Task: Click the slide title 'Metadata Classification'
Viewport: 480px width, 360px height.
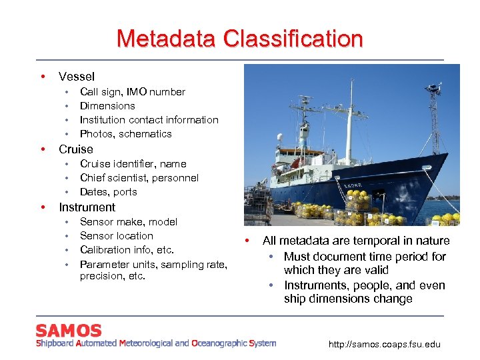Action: pyautogui.click(x=239, y=38)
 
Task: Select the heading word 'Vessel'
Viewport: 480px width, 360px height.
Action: pyautogui.click(x=77, y=77)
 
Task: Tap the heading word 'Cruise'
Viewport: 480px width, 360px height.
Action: pyautogui.click(x=76, y=149)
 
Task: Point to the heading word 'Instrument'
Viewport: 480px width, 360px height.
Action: pyautogui.click(x=87, y=207)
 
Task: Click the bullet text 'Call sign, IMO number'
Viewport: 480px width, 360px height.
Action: pyautogui.click(x=132, y=92)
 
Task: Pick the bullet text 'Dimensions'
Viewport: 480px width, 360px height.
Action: pyautogui.click(x=107, y=106)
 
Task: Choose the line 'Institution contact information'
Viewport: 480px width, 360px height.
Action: pyautogui.click(x=149, y=120)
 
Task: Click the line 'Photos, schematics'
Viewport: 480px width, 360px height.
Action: pyautogui.click(x=125, y=134)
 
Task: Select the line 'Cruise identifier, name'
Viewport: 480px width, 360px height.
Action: pyautogui.click(x=133, y=164)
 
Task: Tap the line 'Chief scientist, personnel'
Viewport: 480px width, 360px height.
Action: pyautogui.click(x=139, y=178)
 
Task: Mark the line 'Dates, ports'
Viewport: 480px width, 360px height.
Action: pyautogui.click(x=108, y=192)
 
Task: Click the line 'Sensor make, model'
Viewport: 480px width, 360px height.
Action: pyautogui.click(x=128, y=222)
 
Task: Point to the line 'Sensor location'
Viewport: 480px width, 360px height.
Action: pyautogui.click(x=116, y=236)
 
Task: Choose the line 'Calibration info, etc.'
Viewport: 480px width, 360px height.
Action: pyautogui.click(x=127, y=250)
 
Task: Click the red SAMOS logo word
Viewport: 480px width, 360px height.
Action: pyautogui.click(x=69, y=331)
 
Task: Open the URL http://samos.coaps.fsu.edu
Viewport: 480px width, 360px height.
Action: pyautogui.click(x=385, y=345)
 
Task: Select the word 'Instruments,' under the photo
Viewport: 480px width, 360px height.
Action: pyautogui.click(x=314, y=285)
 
